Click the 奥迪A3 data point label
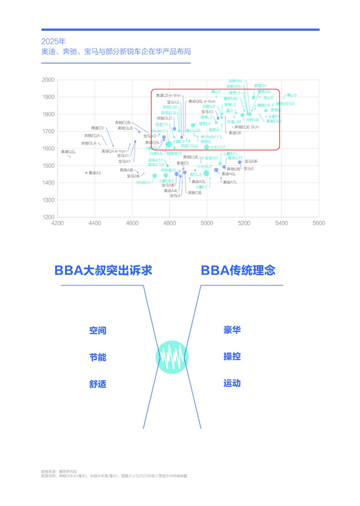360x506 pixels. pos(94,173)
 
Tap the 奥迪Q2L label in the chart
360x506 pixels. pos(68,151)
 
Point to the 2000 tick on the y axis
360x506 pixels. pos(48,80)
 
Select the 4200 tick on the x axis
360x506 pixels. pos(57,223)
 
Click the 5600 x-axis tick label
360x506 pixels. pos(318,223)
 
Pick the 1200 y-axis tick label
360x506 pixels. pos(48,217)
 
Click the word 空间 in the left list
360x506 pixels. pos(97,331)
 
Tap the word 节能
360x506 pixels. pos(97,357)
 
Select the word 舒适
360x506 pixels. pos(97,384)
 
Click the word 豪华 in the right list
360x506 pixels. pos(232,330)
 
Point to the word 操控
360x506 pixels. pos(232,356)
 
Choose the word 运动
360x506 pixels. pos(232,383)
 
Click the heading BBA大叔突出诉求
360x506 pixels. pos(103,270)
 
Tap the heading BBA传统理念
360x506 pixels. pos(238,270)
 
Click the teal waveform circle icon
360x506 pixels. pos(172,356)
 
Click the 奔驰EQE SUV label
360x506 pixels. pos(246,127)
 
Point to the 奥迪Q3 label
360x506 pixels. pos(97,128)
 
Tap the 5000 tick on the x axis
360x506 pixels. pos(207,223)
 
